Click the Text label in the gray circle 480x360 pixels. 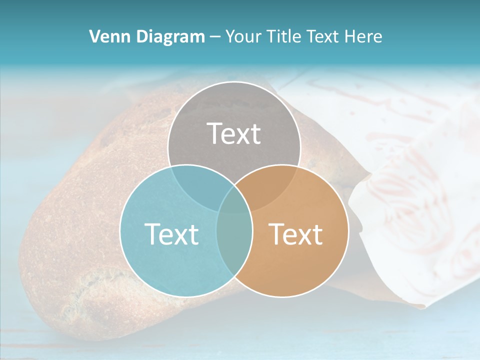234,133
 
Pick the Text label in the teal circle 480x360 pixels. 171,234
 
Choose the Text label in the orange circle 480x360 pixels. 296,234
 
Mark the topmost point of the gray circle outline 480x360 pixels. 234,82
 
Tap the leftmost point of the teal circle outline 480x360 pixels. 120,231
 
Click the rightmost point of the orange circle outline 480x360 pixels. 348,231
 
